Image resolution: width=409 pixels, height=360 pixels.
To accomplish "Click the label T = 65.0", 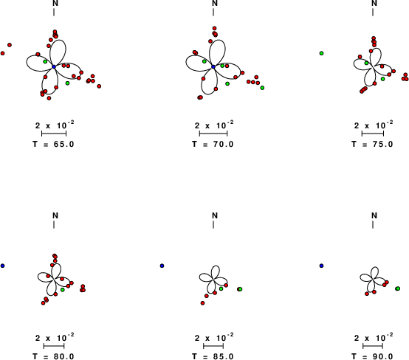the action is point(53,144).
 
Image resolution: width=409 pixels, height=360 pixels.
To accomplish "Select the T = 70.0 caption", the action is point(213,144).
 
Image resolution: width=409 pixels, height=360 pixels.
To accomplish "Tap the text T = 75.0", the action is point(372,144).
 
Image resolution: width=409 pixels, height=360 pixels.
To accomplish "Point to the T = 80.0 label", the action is point(53,356).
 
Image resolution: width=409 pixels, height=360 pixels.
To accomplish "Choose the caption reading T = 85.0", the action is point(213,356).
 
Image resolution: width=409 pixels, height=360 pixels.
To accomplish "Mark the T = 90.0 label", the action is point(372,356).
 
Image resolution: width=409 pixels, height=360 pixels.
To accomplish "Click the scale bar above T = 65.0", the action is point(54,134).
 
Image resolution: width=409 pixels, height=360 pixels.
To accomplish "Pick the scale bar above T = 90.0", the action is point(373,346).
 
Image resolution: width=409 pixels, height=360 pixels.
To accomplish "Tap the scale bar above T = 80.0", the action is point(54,346).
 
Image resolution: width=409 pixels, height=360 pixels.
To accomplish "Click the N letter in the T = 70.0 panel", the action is point(215,3).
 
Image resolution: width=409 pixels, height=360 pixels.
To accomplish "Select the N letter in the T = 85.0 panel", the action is point(215,215).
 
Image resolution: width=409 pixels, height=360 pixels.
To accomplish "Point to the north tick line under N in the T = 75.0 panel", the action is point(373,13).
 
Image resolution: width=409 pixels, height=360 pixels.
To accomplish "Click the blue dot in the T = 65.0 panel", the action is point(54,66).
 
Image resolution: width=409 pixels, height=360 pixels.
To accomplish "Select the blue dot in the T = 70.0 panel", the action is point(213,66).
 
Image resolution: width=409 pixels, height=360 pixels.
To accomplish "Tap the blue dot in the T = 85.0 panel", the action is point(162,266).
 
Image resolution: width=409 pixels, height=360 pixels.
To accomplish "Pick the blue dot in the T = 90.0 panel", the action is point(321,266).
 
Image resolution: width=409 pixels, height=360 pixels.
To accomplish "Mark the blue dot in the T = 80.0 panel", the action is point(3,266).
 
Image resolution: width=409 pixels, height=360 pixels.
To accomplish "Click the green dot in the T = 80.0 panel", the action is point(63,290).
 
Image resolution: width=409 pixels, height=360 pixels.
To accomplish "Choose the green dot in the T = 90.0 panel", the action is point(398,288).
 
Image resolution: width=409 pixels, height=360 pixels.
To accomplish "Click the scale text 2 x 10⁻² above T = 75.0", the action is point(374,125).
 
